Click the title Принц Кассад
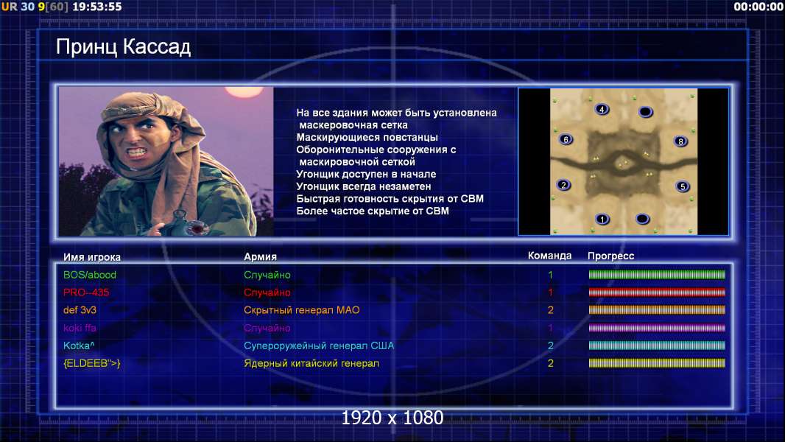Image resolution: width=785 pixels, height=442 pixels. click(x=123, y=47)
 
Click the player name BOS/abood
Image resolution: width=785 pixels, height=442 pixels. click(x=90, y=275)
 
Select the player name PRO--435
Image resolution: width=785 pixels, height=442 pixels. click(x=86, y=292)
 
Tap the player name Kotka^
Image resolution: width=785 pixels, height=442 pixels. click(x=79, y=345)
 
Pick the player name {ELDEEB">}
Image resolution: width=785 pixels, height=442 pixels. click(x=91, y=363)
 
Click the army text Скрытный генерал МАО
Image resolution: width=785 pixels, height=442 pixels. click(x=302, y=310)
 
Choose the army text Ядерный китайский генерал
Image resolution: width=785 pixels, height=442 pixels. click(x=311, y=363)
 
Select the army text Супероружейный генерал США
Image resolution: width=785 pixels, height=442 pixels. click(x=319, y=346)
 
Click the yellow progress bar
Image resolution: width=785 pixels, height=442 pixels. click(x=657, y=363)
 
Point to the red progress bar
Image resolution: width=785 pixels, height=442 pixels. click(x=657, y=292)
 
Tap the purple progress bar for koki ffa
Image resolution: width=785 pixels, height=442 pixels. click(x=657, y=328)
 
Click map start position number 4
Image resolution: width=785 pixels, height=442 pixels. click(x=602, y=109)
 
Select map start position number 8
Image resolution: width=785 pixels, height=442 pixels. click(x=680, y=141)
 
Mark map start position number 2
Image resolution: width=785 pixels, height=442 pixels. click(x=564, y=185)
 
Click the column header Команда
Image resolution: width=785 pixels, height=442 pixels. click(x=549, y=256)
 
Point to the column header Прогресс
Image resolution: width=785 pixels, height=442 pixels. click(x=610, y=256)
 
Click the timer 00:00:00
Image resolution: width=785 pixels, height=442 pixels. click(x=758, y=7)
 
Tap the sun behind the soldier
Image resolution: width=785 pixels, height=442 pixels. click(x=243, y=92)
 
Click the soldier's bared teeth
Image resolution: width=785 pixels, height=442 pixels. click(x=137, y=151)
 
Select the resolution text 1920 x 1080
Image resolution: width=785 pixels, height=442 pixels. click(x=392, y=418)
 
